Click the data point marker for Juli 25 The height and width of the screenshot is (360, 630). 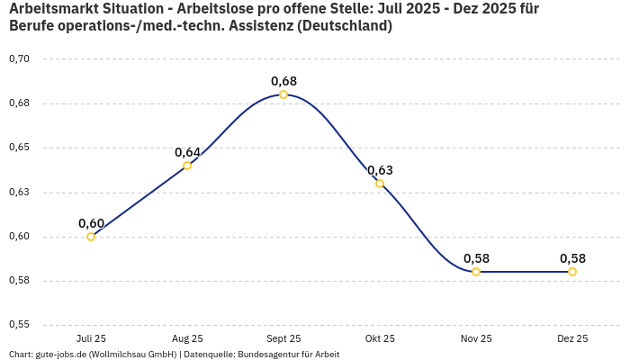tap(91, 237)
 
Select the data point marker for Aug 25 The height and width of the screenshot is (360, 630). tap(187, 166)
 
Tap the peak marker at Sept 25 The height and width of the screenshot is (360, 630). tap(283, 94)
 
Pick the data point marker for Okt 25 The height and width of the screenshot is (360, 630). tap(380, 184)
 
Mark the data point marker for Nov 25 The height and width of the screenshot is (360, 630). tap(476, 272)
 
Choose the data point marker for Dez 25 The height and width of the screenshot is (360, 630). tap(572, 272)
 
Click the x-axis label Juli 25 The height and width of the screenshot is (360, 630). tap(91, 338)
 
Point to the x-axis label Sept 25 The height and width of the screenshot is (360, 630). tap(283, 338)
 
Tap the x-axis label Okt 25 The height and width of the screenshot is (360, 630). tap(380, 338)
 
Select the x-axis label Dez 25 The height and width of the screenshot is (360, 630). tap(572, 338)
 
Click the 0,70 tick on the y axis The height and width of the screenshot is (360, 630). tap(19, 59)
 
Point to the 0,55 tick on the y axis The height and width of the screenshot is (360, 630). tap(19, 324)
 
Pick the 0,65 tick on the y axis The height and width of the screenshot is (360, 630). tap(19, 148)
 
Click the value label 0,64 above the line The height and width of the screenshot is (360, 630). tap(187, 152)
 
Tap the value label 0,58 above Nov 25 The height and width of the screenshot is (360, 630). tap(476, 258)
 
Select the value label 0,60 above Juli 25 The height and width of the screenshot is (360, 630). tap(91, 223)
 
